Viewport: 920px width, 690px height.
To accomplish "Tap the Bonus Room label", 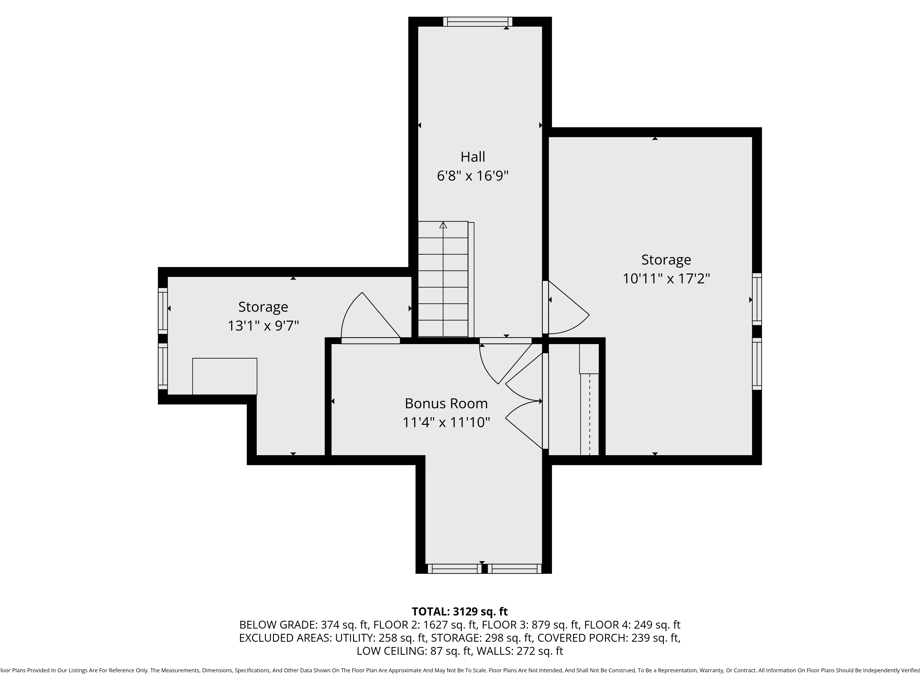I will (446, 403).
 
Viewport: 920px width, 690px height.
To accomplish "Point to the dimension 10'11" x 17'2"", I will (666, 278).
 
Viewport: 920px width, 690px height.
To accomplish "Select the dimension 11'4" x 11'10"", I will (446, 423).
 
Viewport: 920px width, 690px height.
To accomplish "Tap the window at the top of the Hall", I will (477, 22).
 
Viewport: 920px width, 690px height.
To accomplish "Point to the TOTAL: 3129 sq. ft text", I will (460, 611).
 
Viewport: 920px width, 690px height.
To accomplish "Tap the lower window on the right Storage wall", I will (757, 364).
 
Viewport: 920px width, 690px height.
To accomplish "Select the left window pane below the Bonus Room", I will (454, 569).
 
